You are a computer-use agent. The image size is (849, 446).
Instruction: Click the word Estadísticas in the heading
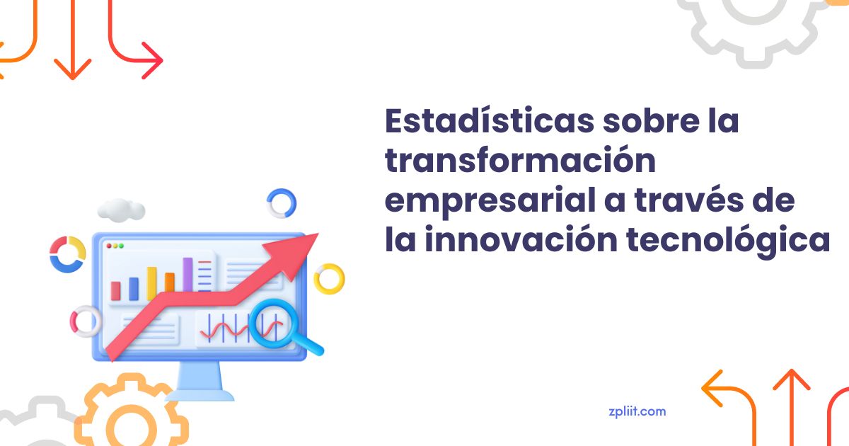(x=490, y=120)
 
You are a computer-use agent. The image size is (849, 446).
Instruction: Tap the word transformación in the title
(x=521, y=160)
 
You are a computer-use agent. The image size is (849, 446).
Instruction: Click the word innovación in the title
(x=521, y=239)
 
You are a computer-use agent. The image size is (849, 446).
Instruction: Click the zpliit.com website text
(x=637, y=412)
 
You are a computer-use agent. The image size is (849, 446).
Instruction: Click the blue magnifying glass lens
(x=270, y=323)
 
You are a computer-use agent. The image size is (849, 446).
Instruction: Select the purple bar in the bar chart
(x=187, y=275)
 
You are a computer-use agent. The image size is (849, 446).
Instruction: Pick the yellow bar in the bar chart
(x=152, y=284)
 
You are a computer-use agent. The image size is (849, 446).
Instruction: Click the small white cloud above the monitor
(x=121, y=210)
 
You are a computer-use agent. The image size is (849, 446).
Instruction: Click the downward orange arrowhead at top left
(x=72, y=69)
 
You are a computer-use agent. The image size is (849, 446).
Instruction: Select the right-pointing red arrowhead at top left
(x=152, y=60)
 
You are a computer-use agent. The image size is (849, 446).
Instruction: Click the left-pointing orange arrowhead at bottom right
(x=712, y=389)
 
